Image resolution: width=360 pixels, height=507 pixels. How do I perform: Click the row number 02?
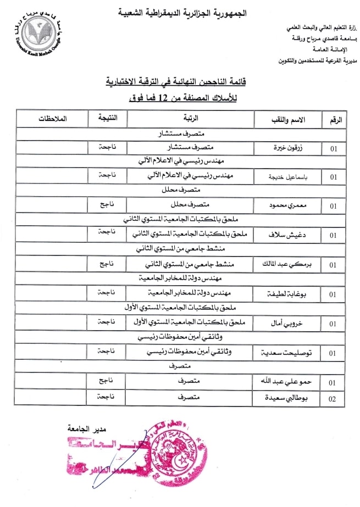[332, 398]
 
